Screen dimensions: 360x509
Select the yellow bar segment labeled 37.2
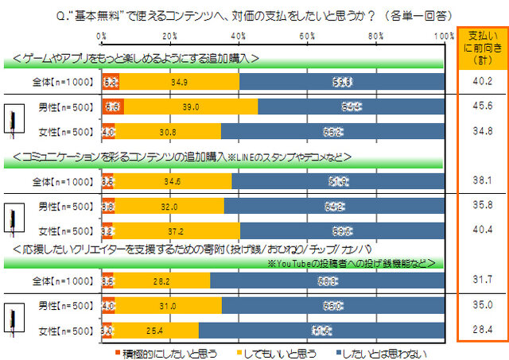[x=177, y=230]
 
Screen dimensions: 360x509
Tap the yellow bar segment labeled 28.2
[x=162, y=280]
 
